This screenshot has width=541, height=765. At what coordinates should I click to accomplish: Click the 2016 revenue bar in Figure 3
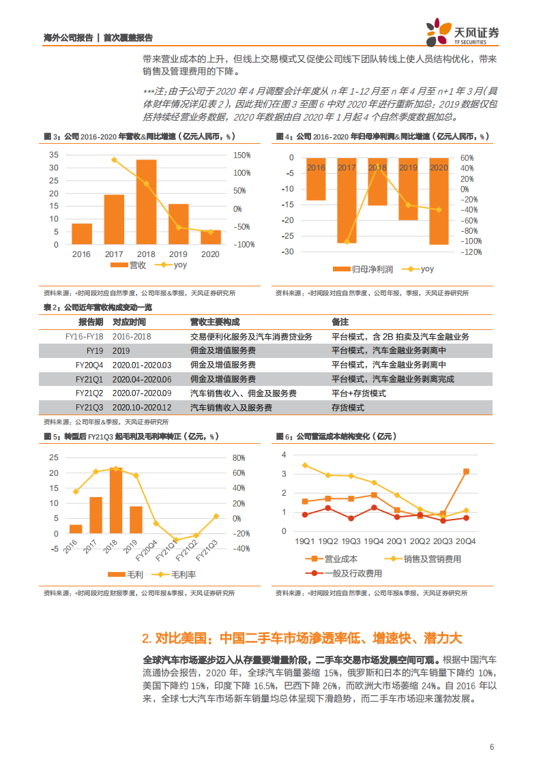[x=82, y=233]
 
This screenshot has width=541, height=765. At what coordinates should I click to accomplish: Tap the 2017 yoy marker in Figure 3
[x=114, y=160]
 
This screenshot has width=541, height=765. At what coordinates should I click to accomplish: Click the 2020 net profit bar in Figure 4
[x=439, y=200]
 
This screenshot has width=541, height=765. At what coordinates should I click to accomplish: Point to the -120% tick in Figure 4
[x=471, y=252]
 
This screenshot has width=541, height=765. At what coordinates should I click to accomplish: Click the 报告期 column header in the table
[x=91, y=322]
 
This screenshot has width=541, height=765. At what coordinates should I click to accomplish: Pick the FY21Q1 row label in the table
[x=89, y=379]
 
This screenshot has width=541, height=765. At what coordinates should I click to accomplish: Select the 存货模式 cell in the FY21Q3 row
[x=348, y=408]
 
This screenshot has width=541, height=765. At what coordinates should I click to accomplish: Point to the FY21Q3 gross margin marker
[x=216, y=516]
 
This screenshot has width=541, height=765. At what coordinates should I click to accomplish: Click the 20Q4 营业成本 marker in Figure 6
[x=465, y=471]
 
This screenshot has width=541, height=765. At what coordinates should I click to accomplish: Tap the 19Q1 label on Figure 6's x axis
[x=304, y=541]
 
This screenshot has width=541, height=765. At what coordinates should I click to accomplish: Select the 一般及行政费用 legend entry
[x=352, y=573]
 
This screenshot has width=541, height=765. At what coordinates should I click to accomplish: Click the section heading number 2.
[x=146, y=639]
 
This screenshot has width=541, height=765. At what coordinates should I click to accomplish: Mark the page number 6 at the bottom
[x=491, y=747]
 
